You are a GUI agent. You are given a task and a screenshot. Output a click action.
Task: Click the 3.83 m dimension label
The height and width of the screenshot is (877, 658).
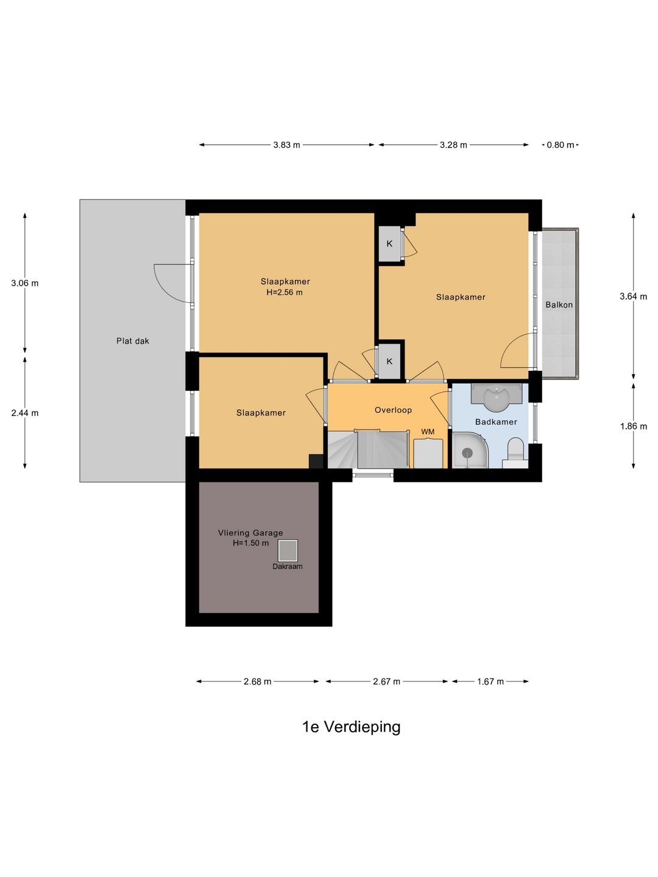[x=286, y=145]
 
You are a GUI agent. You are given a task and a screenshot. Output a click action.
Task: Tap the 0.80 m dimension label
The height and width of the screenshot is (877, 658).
[x=560, y=145]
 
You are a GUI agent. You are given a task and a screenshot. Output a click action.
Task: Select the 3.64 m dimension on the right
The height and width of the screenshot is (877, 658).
[x=633, y=297]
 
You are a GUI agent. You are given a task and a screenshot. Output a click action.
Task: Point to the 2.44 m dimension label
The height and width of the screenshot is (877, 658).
[x=25, y=413]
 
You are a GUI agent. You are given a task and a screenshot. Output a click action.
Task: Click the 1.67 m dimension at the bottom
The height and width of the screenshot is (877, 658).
[x=490, y=682]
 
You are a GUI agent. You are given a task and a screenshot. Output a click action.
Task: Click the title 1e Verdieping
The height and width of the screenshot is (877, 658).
[x=351, y=727]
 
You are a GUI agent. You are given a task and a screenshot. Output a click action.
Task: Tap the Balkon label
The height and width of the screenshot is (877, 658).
[x=559, y=305]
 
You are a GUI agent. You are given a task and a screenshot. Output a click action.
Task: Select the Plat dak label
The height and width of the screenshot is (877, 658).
[x=133, y=341]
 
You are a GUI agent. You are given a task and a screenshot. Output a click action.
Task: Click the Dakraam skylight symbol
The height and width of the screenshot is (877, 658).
[x=288, y=551]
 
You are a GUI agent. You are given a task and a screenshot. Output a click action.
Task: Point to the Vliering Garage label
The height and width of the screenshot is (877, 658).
[x=250, y=533]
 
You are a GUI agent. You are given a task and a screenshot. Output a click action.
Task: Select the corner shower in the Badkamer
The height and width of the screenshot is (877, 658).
[x=469, y=451]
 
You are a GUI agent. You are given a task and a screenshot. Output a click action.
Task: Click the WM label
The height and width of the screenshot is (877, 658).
[x=428, y=432]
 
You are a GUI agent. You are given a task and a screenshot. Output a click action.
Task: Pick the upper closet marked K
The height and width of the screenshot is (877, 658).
[x=389, y=244]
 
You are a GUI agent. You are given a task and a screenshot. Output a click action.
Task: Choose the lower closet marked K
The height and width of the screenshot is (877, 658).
[x=389, y=361]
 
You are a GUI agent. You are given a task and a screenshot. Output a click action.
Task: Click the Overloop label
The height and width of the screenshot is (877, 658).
[x=393, y=410]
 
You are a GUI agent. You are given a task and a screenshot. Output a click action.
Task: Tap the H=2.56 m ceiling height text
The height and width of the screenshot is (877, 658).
[x=285, y=292]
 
